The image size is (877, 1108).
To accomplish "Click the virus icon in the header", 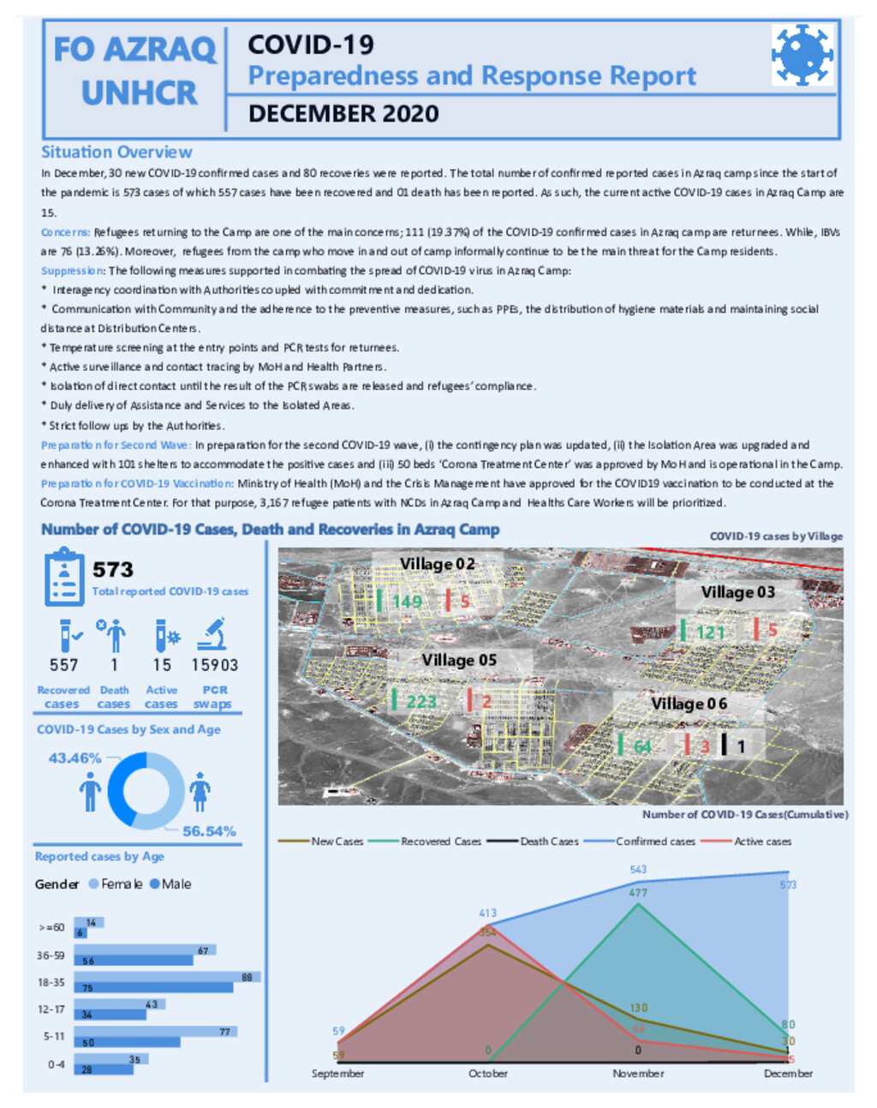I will click(x=802, y=55).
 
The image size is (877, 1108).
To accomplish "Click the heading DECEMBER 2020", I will click(x=343, y=114).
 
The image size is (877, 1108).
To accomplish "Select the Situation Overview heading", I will click(x=116, y=153).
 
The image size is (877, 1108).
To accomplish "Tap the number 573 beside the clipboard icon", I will click(x=113, y=570).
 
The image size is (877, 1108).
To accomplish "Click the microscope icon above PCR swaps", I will click(x=212, y=635).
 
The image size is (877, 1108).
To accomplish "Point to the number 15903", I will click(x=214, y=665).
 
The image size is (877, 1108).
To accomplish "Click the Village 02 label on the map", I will click(x=437, y=564).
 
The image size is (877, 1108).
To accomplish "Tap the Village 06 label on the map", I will click(x=689, y=704).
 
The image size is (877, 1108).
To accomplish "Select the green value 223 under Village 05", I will click(x=421, y=702).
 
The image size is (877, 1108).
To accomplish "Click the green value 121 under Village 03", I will click(x=710, y=632).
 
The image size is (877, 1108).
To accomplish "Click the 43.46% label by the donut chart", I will click(x=75, y=758).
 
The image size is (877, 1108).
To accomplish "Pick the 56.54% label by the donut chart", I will click(x=209, y=831).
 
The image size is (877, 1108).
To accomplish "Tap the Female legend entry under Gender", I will click(x=116, y=884).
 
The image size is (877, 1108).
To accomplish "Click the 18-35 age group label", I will click(x=51, y=982).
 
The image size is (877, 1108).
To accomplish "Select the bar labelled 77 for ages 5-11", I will click(x=156, y=1032).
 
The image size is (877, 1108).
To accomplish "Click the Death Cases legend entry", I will click(x=548, y=841).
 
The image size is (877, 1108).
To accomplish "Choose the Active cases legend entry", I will click(x=761, y=841).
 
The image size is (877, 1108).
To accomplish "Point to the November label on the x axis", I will click(x=638, y=1074).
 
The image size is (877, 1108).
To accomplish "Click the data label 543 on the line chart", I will click(x=638, y=870).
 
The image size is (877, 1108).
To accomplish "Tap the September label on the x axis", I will click(x=337, y=1074).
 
